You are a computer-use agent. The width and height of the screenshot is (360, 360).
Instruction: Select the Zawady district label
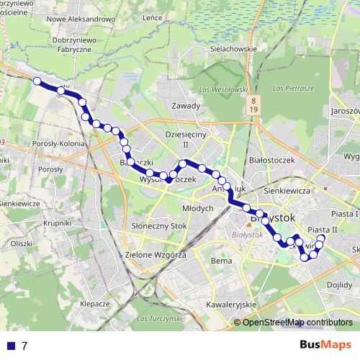[x=186, y=105]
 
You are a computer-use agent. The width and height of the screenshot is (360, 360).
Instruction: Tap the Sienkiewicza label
[x=287, y=191]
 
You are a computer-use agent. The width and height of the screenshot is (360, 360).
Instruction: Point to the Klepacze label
[x=95, y=304]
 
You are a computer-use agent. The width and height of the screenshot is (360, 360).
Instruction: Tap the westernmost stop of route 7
[x=37, y=81]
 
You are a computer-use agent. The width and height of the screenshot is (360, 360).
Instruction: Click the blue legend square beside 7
[x=11, y=346]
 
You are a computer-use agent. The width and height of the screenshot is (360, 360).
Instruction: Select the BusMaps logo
[x=326, y=344]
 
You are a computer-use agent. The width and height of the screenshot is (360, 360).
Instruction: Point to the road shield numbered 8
[x=254, y=98]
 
